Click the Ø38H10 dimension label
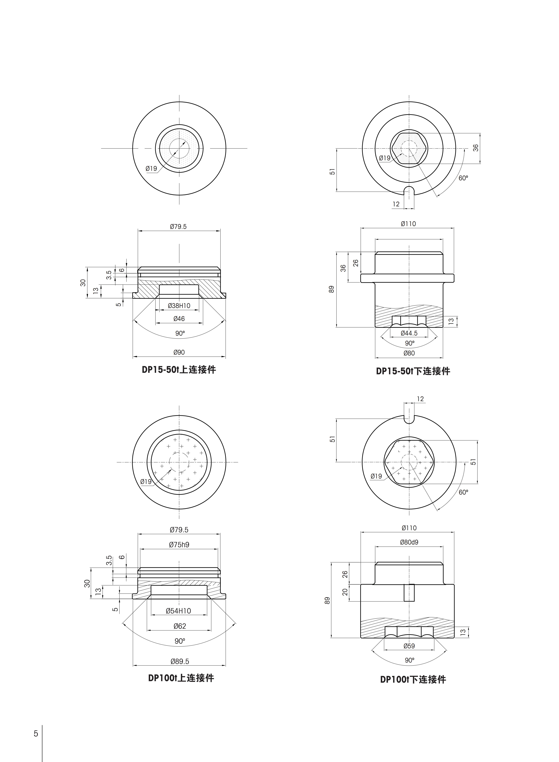tap(179, 306)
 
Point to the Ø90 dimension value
tap(179, 352)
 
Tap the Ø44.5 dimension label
tap(409, 333)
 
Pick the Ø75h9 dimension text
tap(179, 544)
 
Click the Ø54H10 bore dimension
tap(178, 611)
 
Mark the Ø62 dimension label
tap(180, 626)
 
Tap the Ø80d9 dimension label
tap(409, 542)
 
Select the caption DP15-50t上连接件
tap(179, 369)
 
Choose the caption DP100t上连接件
tap(181, 678)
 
